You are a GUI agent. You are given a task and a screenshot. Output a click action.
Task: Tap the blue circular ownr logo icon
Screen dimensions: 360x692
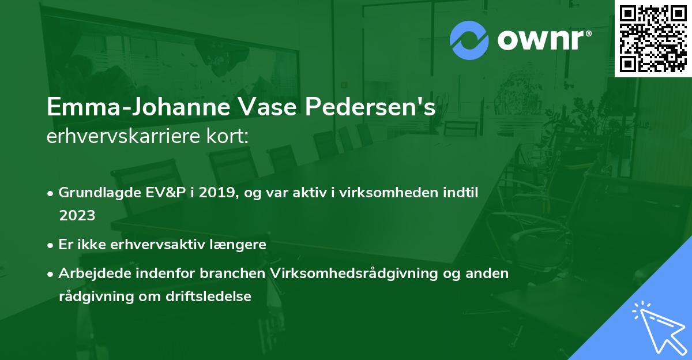click(x=469, y=40)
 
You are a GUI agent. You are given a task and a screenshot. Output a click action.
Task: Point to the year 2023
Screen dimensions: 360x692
click(x=77, y=215)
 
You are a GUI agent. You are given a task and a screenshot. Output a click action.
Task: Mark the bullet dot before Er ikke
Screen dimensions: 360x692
click(x=52, y=245)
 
